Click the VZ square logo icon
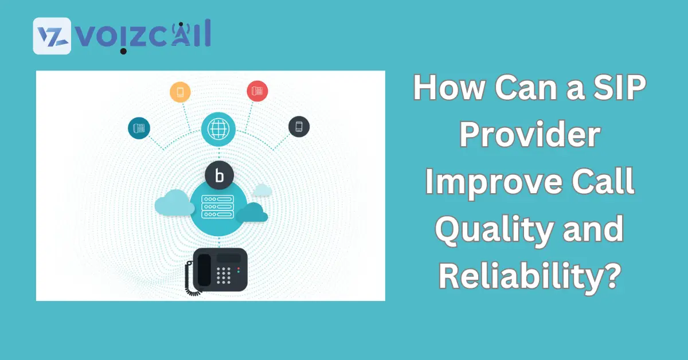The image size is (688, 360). click(x=52, y=36)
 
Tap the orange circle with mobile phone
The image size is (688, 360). click(x=180, y=92)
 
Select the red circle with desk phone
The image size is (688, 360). click(x=257, y=91)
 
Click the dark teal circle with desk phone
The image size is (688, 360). click(x=139, y=128)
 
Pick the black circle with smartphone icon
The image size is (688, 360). click(x=299, y=127)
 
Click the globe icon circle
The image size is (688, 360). click(x=218, y=129)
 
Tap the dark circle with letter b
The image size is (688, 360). click(x=219, y=175)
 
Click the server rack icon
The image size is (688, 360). click(x=217, y=207)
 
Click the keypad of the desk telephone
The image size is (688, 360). click(x=224, y=275)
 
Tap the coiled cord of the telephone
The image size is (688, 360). click(x=190, y=279)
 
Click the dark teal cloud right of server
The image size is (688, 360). click(x=252, y=212)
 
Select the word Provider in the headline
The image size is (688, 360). click(x=530, y=135)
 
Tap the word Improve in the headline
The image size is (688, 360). click(x=493, y=182)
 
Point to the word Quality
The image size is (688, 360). click(x=494, y=229)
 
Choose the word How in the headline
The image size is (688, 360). click(x=449, y=88)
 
